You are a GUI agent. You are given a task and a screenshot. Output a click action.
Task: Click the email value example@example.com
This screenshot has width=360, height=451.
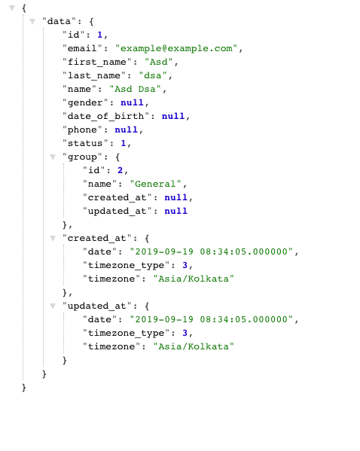176,48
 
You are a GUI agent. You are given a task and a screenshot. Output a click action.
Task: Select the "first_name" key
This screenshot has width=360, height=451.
97,62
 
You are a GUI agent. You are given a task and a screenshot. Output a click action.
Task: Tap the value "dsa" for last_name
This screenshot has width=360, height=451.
153,75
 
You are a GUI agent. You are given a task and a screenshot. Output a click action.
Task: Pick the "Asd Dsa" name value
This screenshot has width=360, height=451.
135,89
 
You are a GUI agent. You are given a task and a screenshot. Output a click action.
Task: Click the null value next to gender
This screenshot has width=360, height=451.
132,102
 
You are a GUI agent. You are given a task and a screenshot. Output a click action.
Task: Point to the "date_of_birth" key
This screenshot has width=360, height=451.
105,116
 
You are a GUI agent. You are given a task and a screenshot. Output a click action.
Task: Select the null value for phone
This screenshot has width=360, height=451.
126,130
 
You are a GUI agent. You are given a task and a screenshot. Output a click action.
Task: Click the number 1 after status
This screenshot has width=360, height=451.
124,143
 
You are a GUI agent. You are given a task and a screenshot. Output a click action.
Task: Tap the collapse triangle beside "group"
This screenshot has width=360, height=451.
53,157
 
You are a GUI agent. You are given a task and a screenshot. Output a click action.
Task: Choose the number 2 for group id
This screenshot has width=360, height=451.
120,170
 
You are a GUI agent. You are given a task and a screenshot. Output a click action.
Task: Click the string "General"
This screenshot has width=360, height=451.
155,184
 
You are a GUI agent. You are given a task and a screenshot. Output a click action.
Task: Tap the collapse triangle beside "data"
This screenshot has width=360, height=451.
32,21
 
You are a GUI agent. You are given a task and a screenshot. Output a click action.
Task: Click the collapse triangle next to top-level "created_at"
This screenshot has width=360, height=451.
53,238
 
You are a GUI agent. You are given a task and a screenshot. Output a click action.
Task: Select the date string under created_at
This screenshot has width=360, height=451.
212,251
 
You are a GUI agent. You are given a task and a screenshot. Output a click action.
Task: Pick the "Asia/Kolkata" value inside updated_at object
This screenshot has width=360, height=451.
194,346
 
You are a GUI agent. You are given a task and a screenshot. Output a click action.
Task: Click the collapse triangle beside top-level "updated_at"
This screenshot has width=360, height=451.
53,306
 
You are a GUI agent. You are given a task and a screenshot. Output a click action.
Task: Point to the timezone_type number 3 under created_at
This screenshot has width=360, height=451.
185,265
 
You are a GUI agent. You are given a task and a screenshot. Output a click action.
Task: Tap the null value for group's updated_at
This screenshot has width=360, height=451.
175,211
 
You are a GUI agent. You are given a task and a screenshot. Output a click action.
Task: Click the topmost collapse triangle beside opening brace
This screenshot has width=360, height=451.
12,8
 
